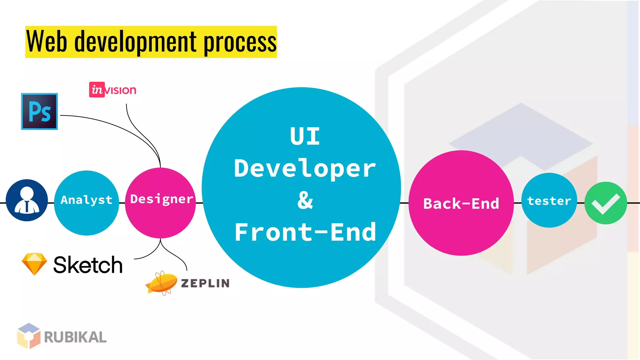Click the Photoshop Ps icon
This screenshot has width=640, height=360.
point(39,111)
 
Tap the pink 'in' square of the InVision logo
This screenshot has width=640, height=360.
point(97,90)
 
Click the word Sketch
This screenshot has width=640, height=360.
point(88,265)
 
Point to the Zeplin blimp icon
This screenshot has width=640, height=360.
point(161,283)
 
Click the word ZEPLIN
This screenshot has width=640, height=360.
point(205,283)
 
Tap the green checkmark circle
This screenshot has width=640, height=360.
point(606,203)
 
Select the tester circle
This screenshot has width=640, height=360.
point(549,200)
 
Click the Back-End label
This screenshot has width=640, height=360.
point(461,203)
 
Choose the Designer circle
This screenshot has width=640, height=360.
point(160,203)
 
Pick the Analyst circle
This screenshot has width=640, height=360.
point(87,203)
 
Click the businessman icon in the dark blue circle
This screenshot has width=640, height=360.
point(27,200)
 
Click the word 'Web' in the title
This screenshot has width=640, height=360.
point(47,42)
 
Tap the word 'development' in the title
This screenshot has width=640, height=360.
point(135,42)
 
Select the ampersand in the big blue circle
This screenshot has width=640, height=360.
point(305,200)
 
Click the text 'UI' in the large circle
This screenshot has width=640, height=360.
point(305,136)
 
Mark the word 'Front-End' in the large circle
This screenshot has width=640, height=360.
point(305,232)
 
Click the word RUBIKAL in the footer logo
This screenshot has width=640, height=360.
point(75,337)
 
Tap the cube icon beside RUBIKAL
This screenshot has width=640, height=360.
point(29,336)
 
